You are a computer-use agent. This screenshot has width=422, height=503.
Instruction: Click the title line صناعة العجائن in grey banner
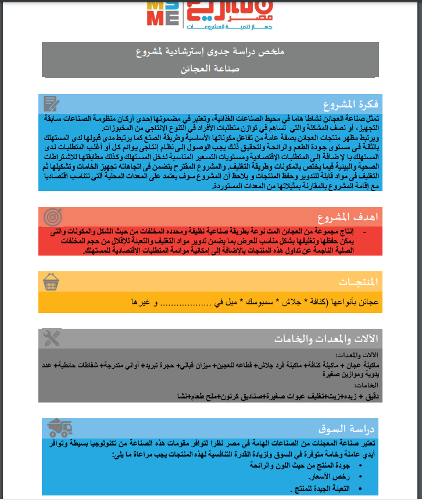point(211,69)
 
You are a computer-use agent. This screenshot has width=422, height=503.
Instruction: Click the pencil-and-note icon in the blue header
point(52,104)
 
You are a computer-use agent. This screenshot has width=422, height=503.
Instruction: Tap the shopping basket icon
point(52,281)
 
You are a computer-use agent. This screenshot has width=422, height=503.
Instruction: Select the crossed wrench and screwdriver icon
point(52,338)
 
